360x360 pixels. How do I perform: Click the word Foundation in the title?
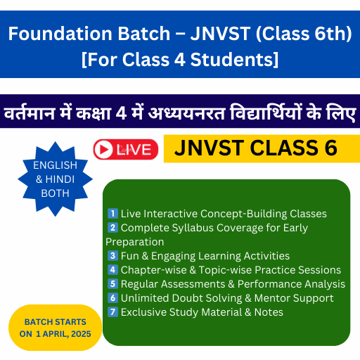pos(60,34)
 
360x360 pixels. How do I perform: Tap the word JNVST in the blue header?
pos(221,34)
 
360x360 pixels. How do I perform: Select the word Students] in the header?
pos(234,60)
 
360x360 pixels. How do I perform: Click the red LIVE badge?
pos(126,149)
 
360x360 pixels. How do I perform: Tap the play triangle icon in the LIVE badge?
pos(103,149)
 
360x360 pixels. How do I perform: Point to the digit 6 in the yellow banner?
pos(330,148)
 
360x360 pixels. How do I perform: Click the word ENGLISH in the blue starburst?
pos(55,165)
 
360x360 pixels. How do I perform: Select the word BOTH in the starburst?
pos(55,193)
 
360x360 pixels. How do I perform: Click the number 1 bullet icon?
pos(112,214)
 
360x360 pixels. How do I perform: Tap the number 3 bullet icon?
pos(112,256)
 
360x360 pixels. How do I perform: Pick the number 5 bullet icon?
pos(112,284)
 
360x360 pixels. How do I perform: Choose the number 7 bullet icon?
pos(112,312)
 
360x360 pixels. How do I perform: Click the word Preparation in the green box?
pos(135,242)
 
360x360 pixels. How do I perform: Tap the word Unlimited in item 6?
pos(145,298)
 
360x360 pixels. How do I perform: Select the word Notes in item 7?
pos(269,312)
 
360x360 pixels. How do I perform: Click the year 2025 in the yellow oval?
pos(81,334)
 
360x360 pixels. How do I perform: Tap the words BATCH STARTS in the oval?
pos(56,322)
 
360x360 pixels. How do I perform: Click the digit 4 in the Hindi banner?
pos(121,113)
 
